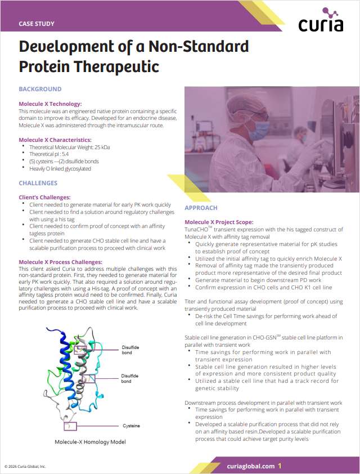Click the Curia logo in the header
click(321, 21)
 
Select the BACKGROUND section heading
click(40, 89)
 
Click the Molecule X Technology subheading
click(50, 104)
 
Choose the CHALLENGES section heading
click(38, 183)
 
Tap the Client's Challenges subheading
click(44, 198)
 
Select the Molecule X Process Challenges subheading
click(60, 262)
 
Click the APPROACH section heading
click(201, 208)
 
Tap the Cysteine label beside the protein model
click(132, 426)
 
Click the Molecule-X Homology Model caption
click(90, 442)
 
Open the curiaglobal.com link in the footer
click(251, 466)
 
